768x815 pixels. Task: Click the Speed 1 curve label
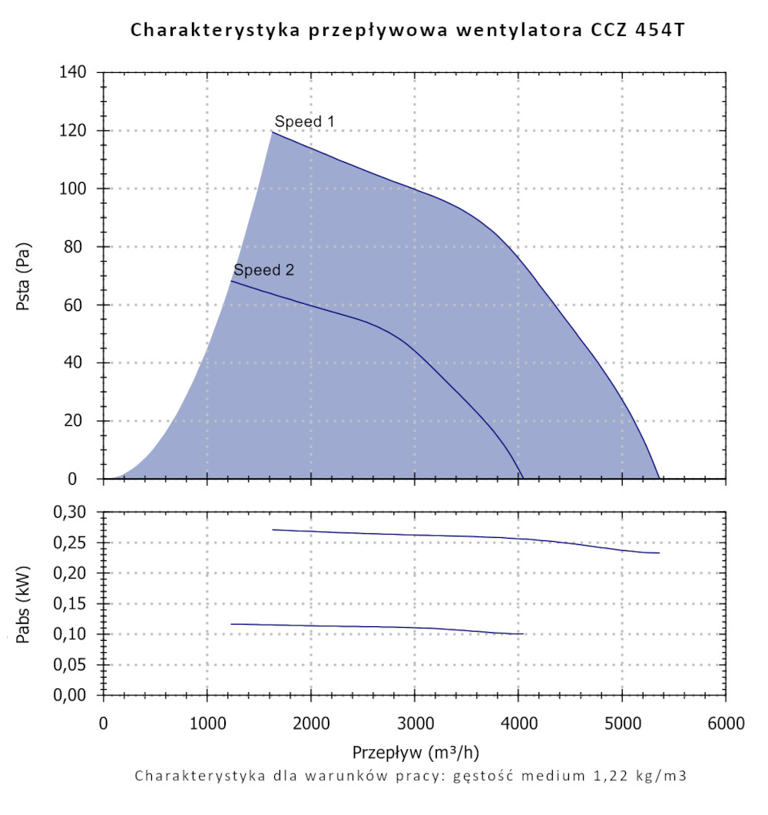[x=305, y=121]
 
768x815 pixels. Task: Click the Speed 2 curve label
[x=263, y=270]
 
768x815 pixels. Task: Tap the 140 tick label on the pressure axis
[x=74, y=73]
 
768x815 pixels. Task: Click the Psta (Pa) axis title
[x=24, y=276]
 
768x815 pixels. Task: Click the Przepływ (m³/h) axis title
[x=415, y=750]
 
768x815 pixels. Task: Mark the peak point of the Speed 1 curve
[x=272, y=132]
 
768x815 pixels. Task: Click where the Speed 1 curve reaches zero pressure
[x=659, y=478]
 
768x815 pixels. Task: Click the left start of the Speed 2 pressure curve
[x=231, y=282]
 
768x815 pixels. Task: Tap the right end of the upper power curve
[x=659, y=553]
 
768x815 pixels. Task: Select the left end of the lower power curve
[x=231, y=624]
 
